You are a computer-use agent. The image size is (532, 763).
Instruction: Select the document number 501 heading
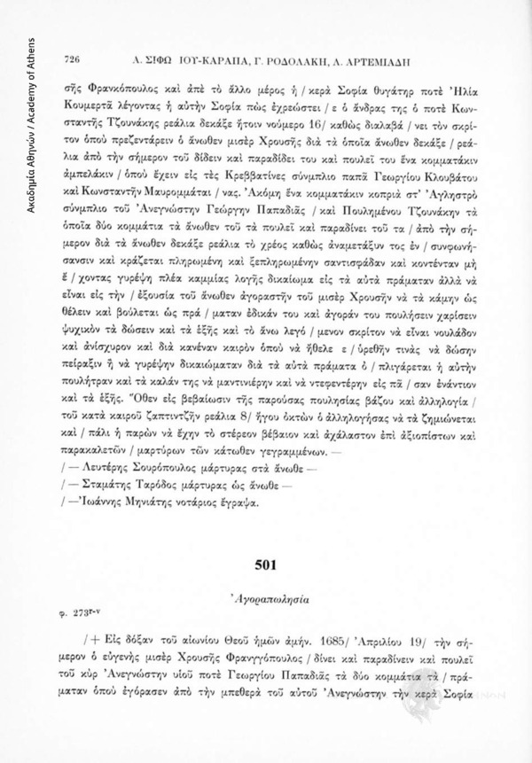click(268, 564)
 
